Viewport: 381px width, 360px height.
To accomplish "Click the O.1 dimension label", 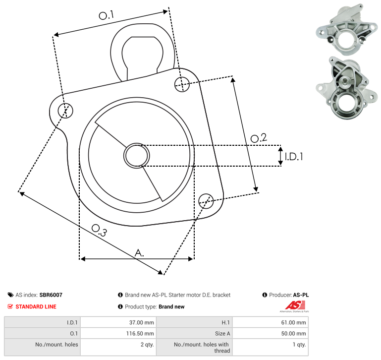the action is tap(106, 15).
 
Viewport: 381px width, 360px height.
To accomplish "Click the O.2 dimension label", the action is tap(259, 138).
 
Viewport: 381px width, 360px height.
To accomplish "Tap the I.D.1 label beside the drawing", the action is tap(294, 157).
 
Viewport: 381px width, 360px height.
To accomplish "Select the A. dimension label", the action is tap(139, 253).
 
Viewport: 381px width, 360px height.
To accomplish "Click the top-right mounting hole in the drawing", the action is tap(182, 84).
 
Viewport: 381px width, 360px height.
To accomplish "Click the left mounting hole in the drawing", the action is tap(65, 111).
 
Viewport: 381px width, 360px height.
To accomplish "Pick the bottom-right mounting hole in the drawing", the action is tap(206, 201).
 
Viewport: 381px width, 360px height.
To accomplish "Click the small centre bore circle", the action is tap(137, 156).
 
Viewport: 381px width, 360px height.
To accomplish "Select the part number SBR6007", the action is tap(51, 295).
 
